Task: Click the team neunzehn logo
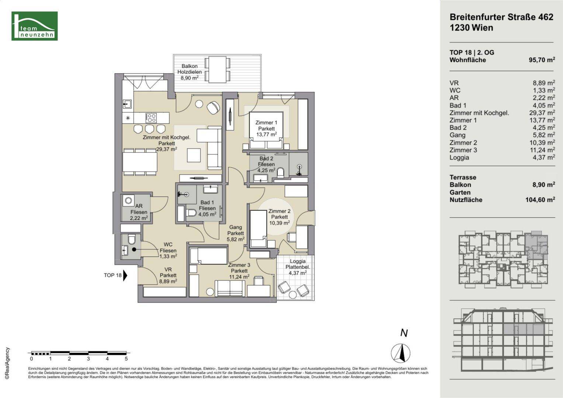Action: tap(34, 26)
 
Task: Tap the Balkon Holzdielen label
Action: tap(190, 72)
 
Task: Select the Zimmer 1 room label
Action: tap(267, 128)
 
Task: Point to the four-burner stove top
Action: tap(151, 118)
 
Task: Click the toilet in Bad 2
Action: tap(280, 173)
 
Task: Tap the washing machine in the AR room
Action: tap(128, 200)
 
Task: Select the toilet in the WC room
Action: tap(132, 240)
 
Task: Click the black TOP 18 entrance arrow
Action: tap(125, 275)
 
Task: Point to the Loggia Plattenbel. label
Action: tap(298, 267)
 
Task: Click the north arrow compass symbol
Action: tap(401, 353)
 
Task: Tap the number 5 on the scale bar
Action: tap(126, 359)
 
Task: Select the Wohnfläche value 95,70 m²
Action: tap(542, 60)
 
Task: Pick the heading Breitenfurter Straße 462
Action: tap(501, 17)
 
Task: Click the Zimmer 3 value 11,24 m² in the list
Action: tap(542, 150)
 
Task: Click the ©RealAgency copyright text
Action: tap(7, 363)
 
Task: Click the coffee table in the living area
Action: tap(194, 155)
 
